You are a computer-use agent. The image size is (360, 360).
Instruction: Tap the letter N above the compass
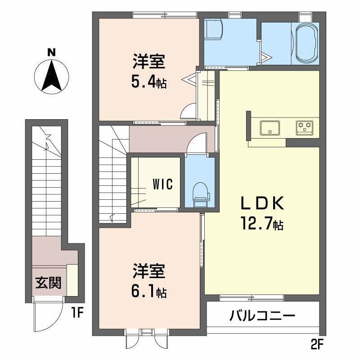point(52,52)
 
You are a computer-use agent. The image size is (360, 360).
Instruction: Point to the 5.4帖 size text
point(149,82)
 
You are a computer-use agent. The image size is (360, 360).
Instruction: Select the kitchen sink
point(270,127)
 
